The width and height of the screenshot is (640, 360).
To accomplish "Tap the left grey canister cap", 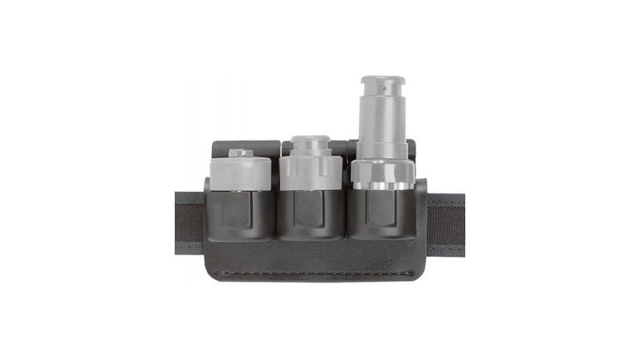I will point(241,173).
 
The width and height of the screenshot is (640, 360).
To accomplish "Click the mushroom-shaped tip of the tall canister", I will point(382,84).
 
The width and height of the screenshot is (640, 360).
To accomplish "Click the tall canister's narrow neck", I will point(382,121).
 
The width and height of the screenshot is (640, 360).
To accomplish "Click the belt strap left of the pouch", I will point(189,219).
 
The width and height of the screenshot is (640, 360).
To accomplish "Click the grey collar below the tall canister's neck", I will point(382,151).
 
